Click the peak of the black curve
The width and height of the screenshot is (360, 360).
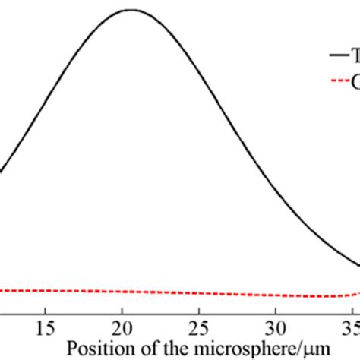click(x=132, y=10)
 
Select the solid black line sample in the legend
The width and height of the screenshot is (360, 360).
click(x=337, y=54)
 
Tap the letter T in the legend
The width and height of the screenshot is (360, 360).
click(x=354, y=54)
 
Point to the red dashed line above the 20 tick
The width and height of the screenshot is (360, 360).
click(x=122, y=291)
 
